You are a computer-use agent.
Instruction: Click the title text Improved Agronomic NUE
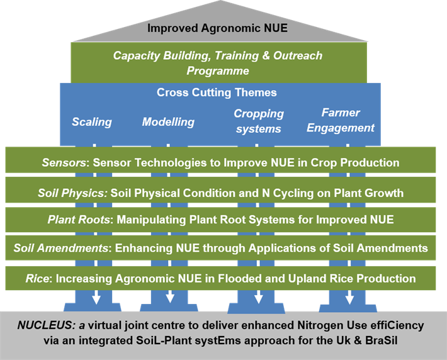[217, 28]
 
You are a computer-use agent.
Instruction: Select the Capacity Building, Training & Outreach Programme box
[218, 63]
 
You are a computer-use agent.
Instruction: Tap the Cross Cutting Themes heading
[217, 93]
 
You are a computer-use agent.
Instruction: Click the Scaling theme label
[91, 121]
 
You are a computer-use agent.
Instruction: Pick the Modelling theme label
[168, 121]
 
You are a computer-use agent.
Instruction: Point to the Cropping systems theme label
[259, 121]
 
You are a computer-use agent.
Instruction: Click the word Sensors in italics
[64, 162]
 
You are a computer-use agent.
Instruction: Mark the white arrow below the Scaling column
[96, 296]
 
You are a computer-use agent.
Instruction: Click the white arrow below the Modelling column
[171, 296]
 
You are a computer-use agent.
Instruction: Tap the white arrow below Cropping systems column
[257, 296]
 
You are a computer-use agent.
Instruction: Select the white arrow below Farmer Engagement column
[348, 296]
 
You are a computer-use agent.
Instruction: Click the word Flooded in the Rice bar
[263, 278]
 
